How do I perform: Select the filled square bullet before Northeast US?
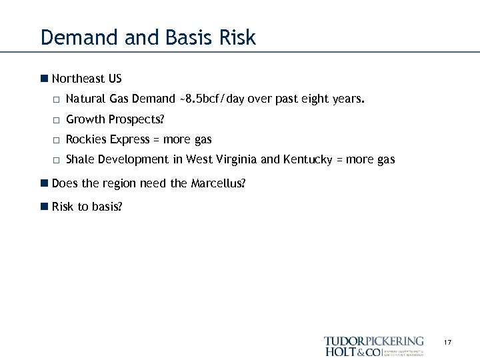tap(44, 79)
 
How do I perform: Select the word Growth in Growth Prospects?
tap(85, 120)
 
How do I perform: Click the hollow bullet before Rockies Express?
tap(57, 140)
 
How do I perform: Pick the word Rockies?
tap(86, 139)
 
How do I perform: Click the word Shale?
tap(81, 159)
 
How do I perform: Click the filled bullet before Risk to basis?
tap(44, 207)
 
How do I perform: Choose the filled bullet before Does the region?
tap(44, 183)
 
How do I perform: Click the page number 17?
tap(447, 343)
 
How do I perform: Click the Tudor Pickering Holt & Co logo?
tap(374, 346)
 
